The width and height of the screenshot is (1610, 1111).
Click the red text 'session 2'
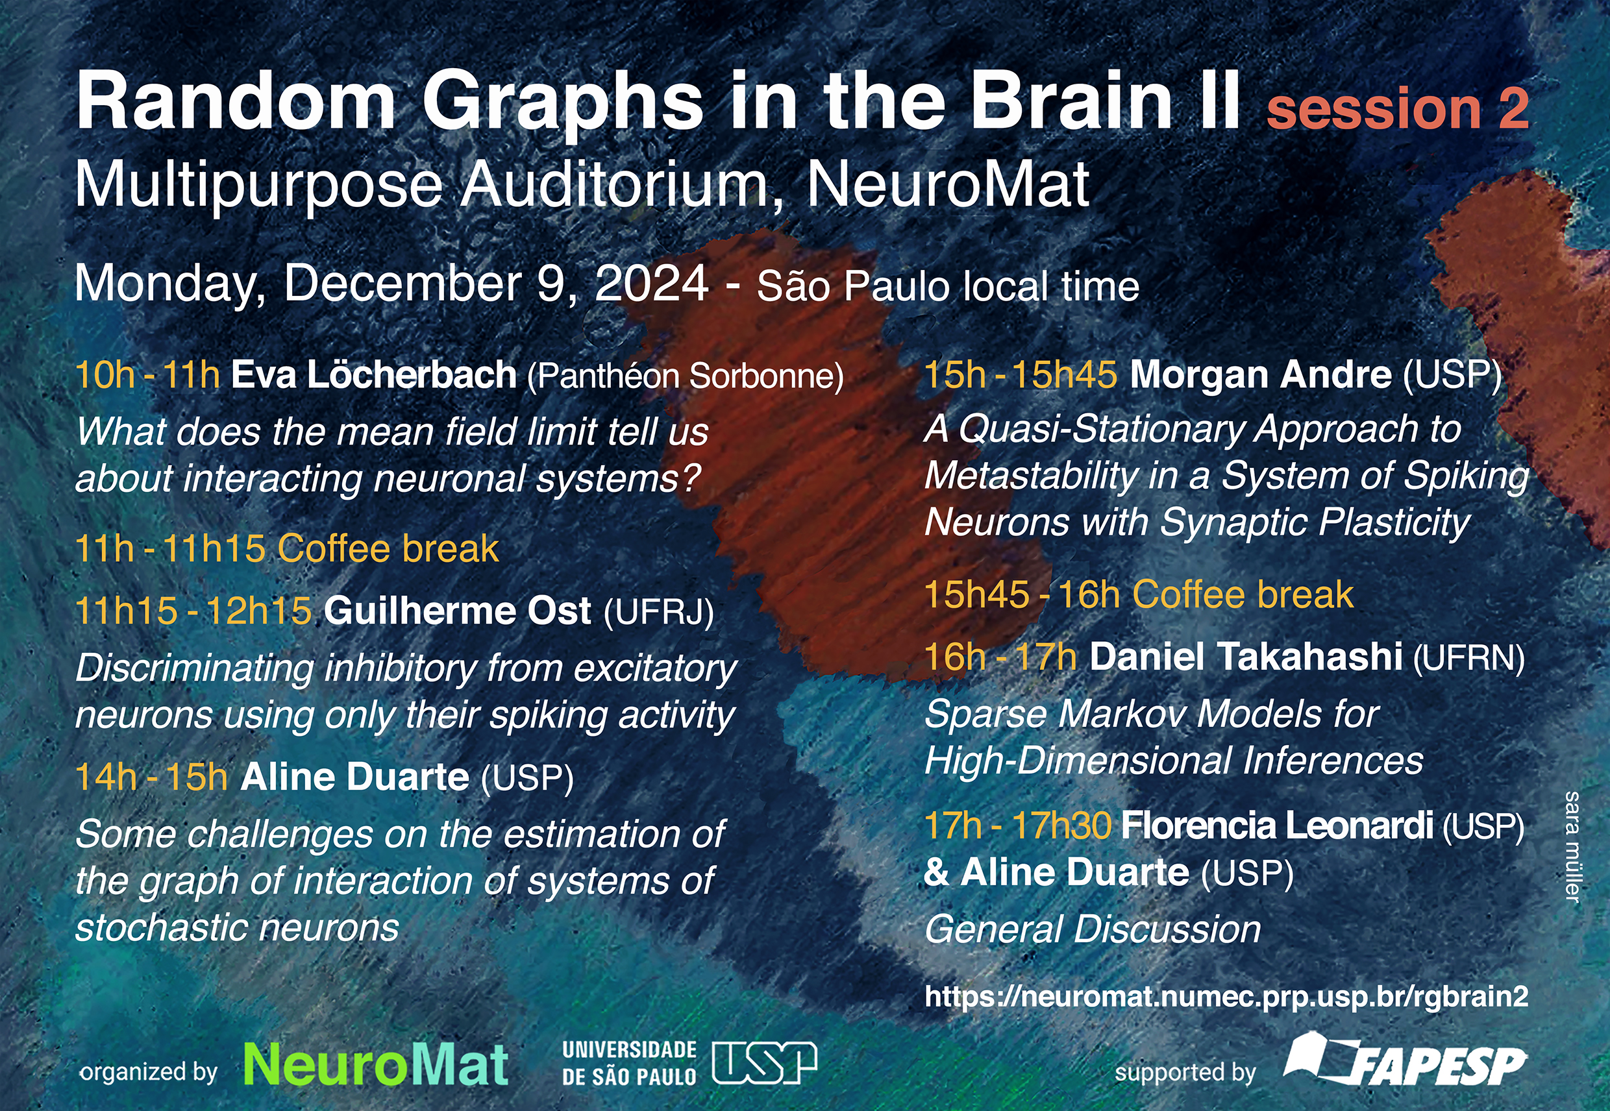pos(1398,108)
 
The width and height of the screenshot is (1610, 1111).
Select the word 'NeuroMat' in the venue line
pos(948,184)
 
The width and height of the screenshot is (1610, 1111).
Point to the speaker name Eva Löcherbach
pos(374,375)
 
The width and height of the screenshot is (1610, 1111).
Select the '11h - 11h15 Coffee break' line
pos(287,548)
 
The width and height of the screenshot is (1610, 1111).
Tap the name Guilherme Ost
pos(458,611)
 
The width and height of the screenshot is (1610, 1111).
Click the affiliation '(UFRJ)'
pos(659,613)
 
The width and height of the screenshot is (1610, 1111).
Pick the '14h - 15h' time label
pos(151,777)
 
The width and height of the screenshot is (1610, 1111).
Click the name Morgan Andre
pos(1261,375)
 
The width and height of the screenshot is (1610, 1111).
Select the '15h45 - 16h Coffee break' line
pos(1139,595)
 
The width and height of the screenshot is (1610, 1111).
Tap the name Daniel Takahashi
pos(1246,657)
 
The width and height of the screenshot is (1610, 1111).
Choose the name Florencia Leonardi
pos(1277,825)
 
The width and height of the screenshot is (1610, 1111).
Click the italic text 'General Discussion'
pos(1093,929)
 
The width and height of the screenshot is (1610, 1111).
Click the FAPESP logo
pos(1406,1060)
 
